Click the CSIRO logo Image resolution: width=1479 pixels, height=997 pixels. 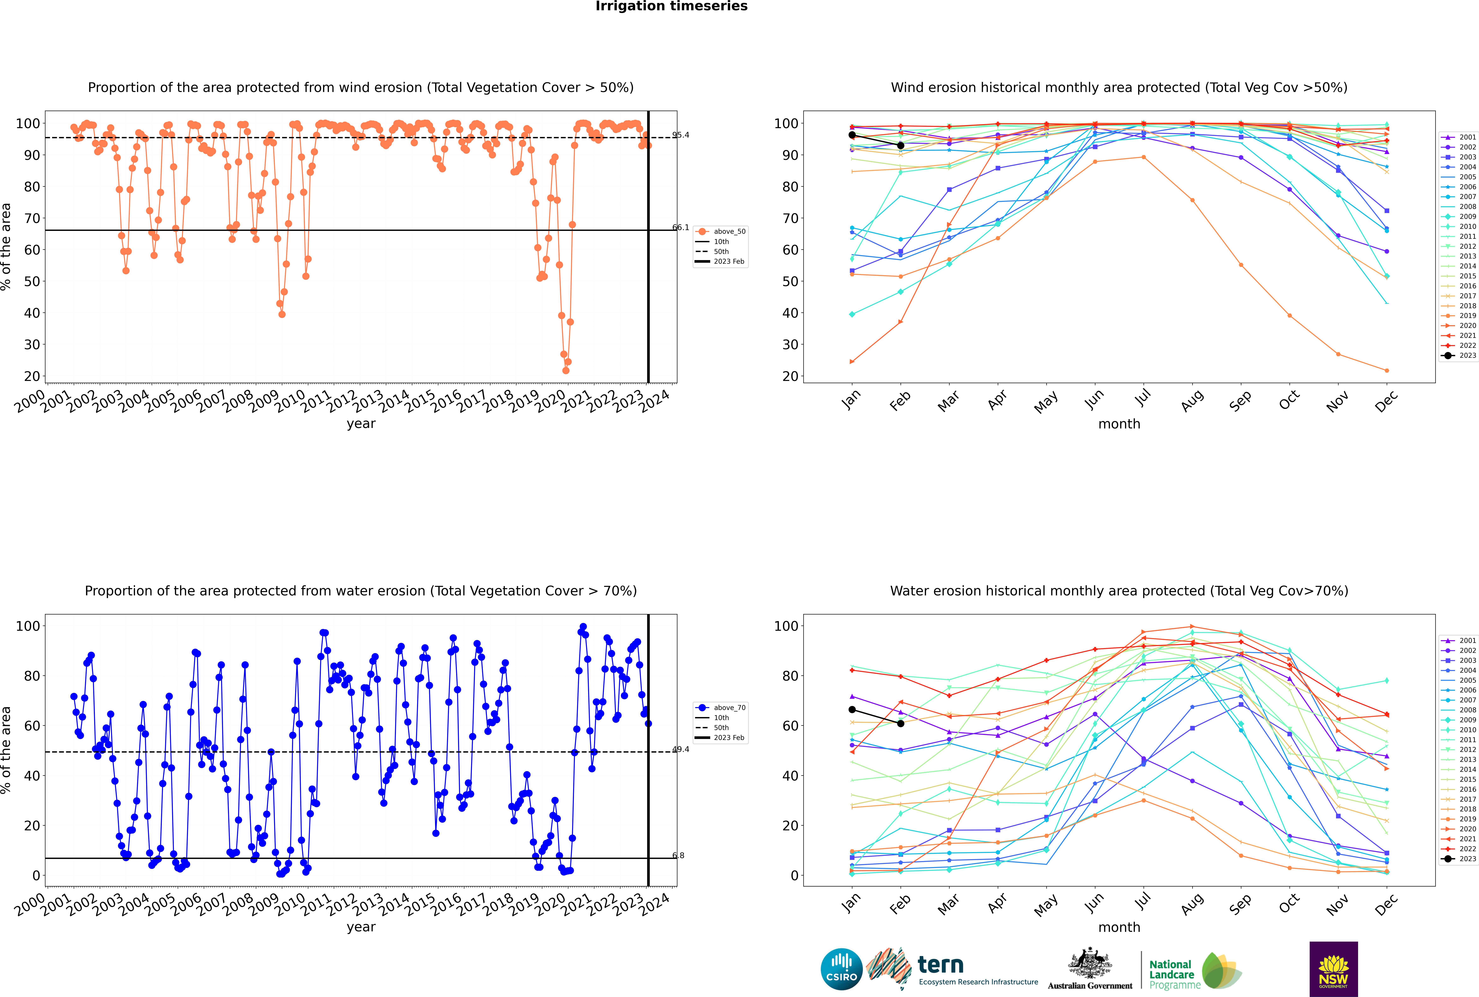[841, 969]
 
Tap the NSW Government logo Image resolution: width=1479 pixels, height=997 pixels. [1333, 968]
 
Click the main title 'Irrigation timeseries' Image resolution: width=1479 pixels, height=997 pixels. [671, 6]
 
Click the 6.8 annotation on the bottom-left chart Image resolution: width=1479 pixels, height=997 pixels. [679, 855]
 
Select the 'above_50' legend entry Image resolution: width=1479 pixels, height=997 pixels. [721, 231]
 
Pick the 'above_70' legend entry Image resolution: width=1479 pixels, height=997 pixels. [721, 708]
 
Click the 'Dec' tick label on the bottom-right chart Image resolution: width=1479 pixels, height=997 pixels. [1386, 904]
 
